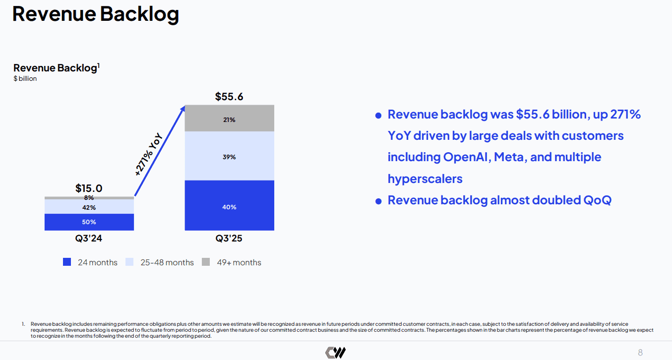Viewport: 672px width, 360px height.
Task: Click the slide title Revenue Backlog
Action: point(95,14)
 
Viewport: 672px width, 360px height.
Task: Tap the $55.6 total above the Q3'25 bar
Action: point(229,96)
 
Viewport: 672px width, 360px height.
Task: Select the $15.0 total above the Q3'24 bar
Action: point(89,188)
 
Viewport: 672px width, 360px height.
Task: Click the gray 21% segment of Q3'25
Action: point(229,119)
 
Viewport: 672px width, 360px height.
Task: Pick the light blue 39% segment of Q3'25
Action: point(229,157)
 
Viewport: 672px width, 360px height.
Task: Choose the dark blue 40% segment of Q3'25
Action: point(229,207)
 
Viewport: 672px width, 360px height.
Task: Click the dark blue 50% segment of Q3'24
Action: point(89,222)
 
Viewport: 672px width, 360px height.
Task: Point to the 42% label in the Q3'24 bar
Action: point(89,207)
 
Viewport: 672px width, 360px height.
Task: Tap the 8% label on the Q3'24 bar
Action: point(89,198)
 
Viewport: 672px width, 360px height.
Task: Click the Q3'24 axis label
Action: point(89,239)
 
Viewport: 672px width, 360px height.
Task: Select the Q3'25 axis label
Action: point(229,239)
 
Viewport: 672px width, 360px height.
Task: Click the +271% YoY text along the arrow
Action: point(149,154)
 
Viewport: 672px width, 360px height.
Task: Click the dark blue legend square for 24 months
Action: point(67,262)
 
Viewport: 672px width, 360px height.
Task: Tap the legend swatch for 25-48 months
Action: point(129,262)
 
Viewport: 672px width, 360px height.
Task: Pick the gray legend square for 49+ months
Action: point(206,262)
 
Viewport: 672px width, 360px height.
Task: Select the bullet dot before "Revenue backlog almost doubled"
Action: point(378,201)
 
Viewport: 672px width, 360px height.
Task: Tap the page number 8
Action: point(640,353)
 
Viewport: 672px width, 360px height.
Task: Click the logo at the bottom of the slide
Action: point(335,353)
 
